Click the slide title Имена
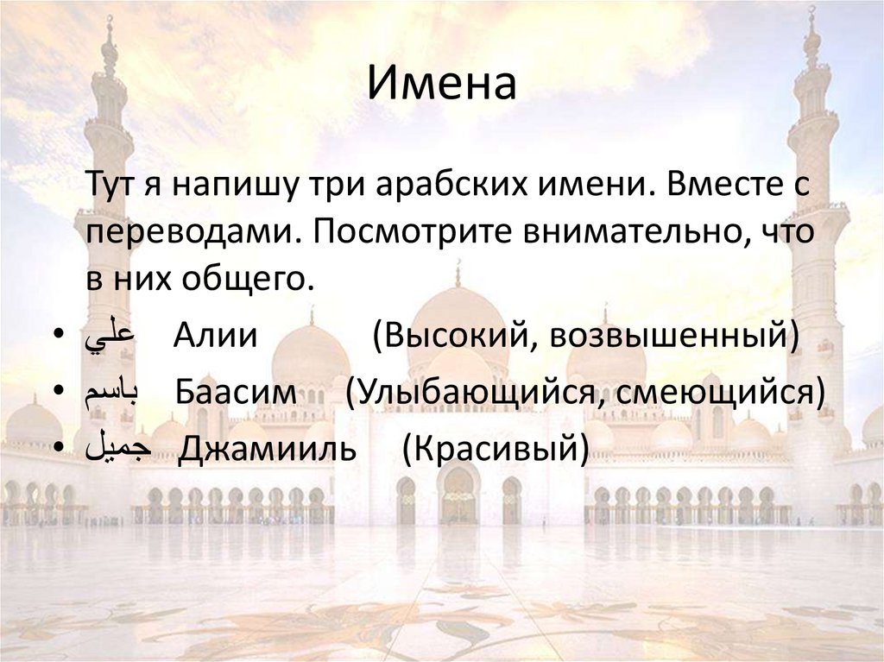[x=442, y=85]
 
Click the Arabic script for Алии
[x=110, y=336]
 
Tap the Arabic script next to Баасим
[x=113, y=394]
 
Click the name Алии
[x=215, y=336]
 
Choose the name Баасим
[x=237, y=394]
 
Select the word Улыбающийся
[x=471, y=394]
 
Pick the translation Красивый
[x=496, y=451]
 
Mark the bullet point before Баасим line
[x=57, y=394]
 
